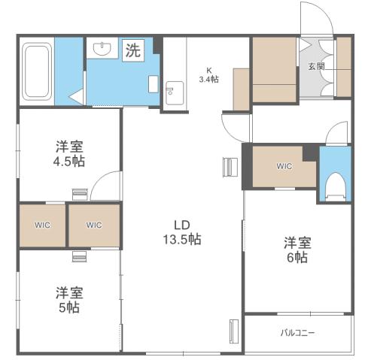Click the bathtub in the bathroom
(37, 71)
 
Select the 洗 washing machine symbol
(132, 51)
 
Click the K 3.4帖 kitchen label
(208, 74)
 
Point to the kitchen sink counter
(174, 92)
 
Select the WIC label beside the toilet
(284, 166)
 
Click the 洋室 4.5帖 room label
(69, 154)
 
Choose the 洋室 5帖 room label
(68, 300)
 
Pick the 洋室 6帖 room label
(296, 250)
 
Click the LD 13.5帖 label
(181, 231)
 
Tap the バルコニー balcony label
(298, 332)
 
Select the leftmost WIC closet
(42, 225)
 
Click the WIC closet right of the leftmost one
(94, 225)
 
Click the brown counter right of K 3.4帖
(241, 89)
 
